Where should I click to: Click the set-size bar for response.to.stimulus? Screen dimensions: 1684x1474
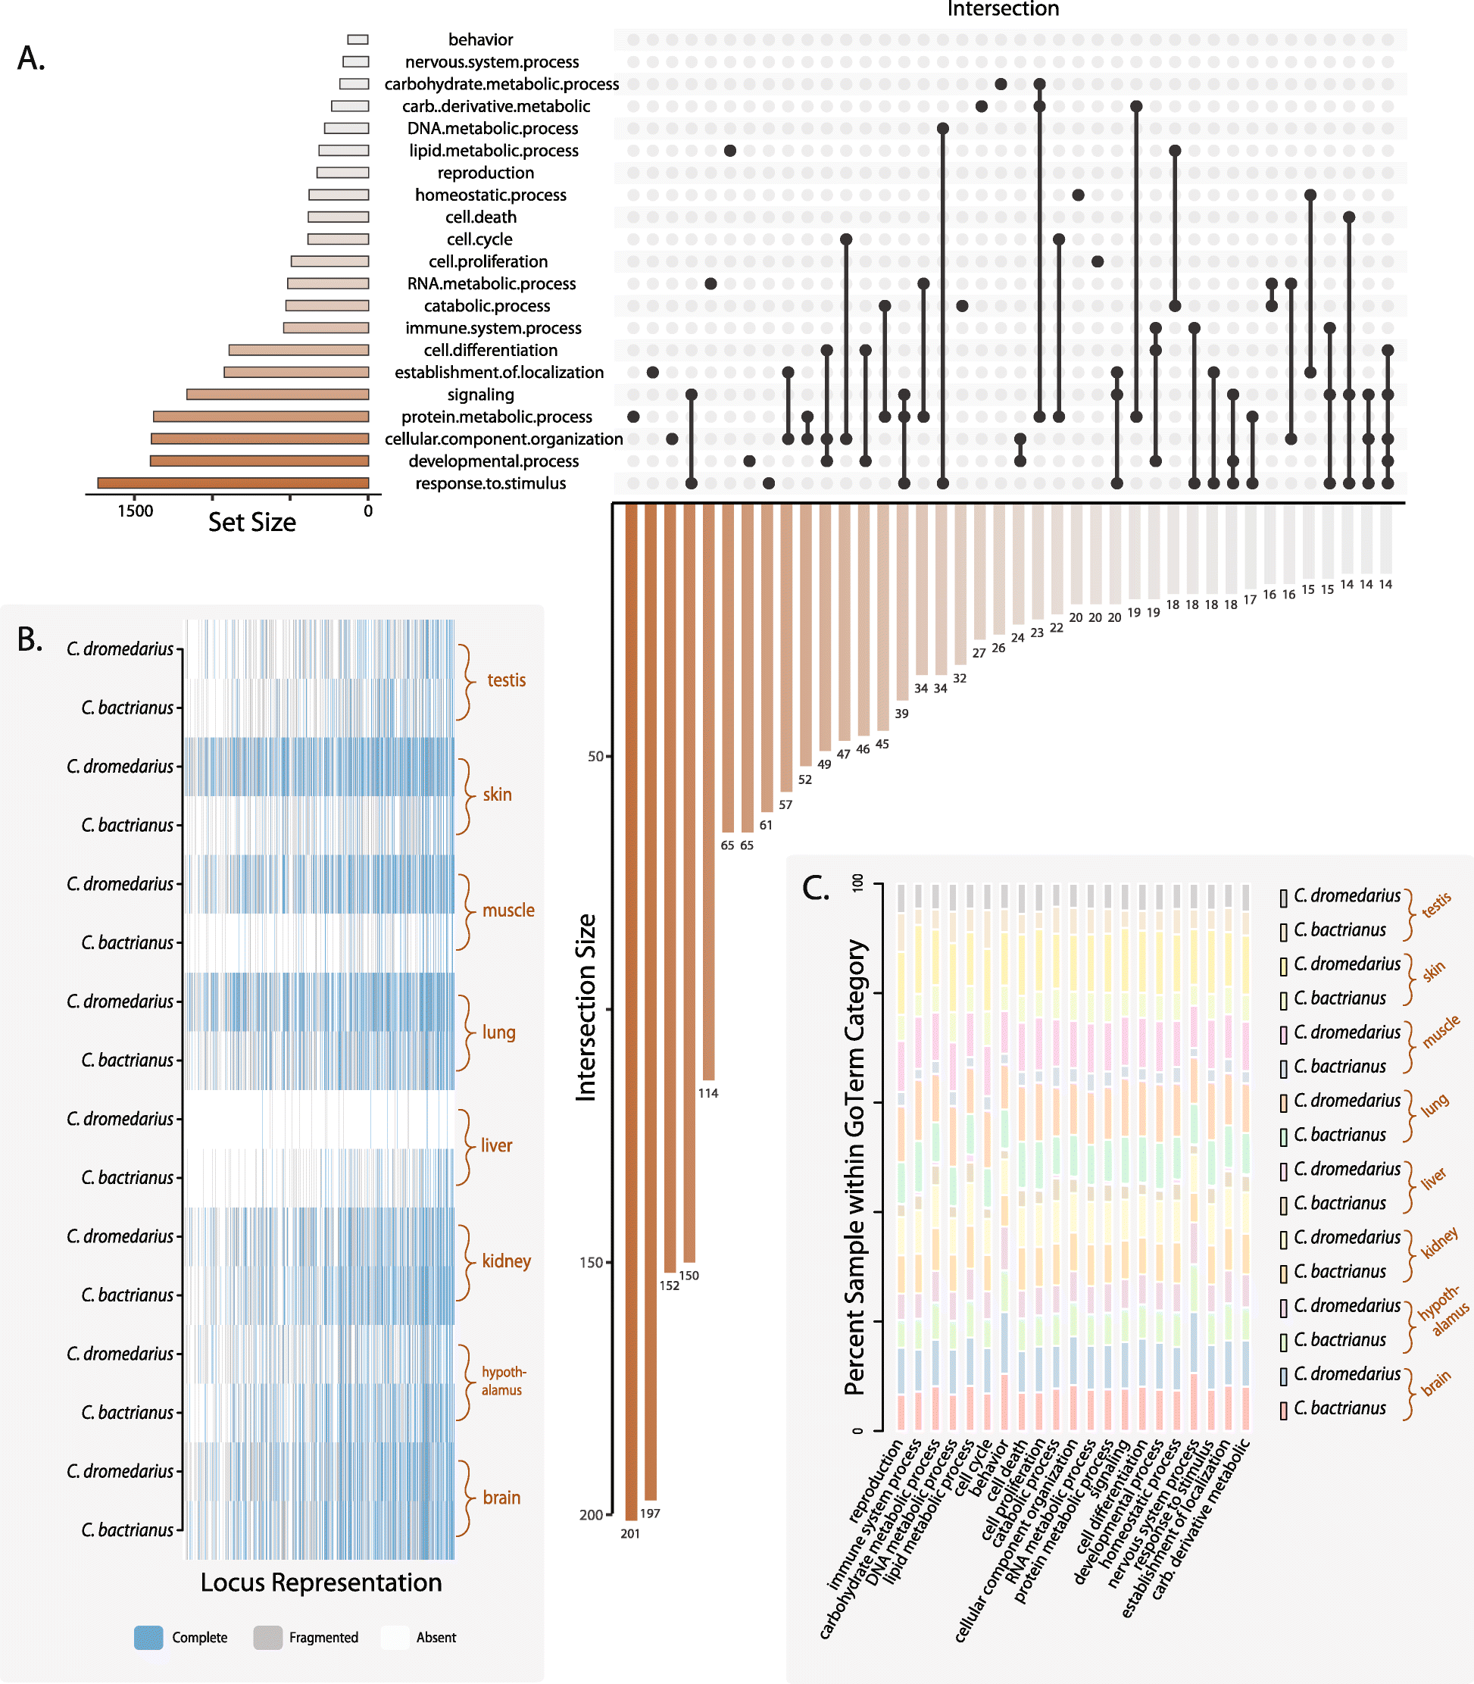[x=233, y=483]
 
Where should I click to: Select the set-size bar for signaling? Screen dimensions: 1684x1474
[x=278, y=394]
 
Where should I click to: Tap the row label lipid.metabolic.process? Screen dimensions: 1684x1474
[x=494, y=151]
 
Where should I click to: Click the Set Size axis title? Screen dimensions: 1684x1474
[x=251, y=523]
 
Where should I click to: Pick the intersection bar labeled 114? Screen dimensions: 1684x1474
[x=708, y=790]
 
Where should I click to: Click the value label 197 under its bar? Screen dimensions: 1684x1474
[x=650, y=1513]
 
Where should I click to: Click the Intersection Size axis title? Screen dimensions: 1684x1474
[x=586, y=1007]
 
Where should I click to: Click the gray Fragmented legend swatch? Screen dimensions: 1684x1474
[x=268, y=1637]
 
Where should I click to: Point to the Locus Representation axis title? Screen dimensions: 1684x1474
[x=321, y=1582]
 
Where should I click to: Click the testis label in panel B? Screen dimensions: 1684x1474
[x=506, y=680]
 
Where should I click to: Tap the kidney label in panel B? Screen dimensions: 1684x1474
[x=506, y=1261]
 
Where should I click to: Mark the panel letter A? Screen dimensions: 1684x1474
[x=31, y=58]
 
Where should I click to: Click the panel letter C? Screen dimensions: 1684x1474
[x=816, y=888]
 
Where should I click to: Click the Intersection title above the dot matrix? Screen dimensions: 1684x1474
[x=1003, y=9]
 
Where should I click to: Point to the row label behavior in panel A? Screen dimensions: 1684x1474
[x=480, y=39]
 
